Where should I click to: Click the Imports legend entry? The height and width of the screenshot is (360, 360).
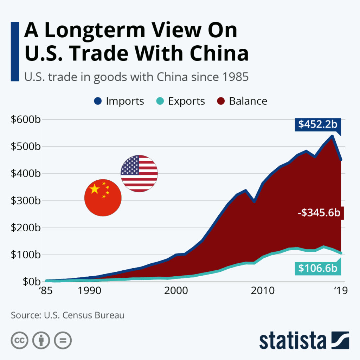[119, 101]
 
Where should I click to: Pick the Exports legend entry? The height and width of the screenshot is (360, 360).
[180, 101]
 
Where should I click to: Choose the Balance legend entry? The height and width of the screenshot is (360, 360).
[242, 101]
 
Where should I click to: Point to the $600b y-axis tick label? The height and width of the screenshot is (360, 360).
[26, 120]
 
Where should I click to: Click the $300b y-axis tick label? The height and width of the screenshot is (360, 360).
[26, 201]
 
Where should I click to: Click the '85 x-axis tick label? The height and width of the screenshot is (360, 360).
[46, 291]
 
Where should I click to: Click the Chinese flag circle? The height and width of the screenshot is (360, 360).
[103, 198]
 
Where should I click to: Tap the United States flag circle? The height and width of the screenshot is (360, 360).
[139, 174]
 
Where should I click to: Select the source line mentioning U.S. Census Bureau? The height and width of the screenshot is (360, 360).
[67, 315]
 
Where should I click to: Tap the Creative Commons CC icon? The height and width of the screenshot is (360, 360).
[20, 340]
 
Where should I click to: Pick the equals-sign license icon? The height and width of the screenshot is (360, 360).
[63, 340]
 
